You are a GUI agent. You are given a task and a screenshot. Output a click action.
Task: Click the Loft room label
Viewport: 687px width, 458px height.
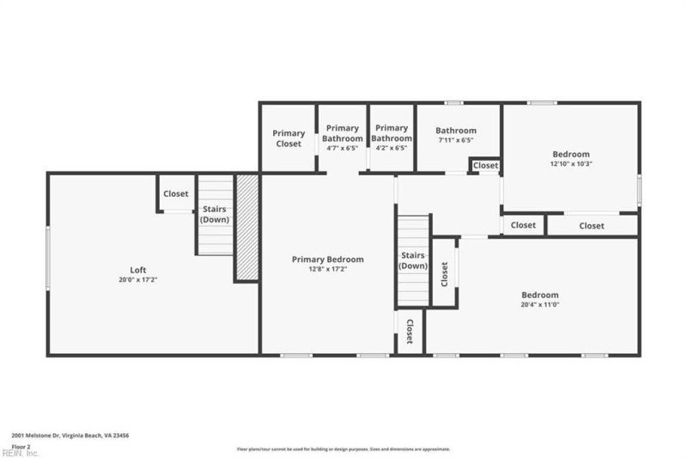(137, 270)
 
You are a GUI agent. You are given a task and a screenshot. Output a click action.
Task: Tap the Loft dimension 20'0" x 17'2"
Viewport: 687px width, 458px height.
(137, 280)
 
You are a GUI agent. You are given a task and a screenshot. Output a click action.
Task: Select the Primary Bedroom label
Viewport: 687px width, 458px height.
(327, 260)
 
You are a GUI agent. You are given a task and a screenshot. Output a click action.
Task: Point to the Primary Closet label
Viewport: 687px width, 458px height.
(289, 138)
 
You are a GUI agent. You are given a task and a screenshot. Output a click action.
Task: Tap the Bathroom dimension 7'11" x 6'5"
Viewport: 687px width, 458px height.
(455, 140)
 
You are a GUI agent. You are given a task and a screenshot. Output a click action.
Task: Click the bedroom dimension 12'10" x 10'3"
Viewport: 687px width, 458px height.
(571, 163)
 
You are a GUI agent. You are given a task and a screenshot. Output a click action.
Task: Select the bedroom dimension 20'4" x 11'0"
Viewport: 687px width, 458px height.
(540, 304)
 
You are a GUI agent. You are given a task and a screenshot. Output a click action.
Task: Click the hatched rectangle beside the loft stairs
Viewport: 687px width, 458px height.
(247, 227)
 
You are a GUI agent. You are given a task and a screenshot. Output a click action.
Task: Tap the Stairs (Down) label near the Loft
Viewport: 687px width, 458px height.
(215, 214)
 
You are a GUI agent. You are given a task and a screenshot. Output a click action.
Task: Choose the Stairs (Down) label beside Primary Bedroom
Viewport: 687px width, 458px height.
(413, 260)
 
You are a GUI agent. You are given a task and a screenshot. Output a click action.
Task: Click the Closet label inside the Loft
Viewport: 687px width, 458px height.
(175, 194)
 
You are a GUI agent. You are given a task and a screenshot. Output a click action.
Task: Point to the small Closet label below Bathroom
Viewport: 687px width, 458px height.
(485, 165)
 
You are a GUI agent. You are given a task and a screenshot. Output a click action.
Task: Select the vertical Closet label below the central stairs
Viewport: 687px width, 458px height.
(410, 331)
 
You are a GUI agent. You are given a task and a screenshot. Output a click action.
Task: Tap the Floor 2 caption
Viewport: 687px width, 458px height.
(21, 447)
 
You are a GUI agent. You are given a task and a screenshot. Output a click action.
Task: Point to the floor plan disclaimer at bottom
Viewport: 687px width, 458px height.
(343, 449)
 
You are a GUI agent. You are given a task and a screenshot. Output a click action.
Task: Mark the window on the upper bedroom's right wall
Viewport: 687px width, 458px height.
(639, 189)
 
